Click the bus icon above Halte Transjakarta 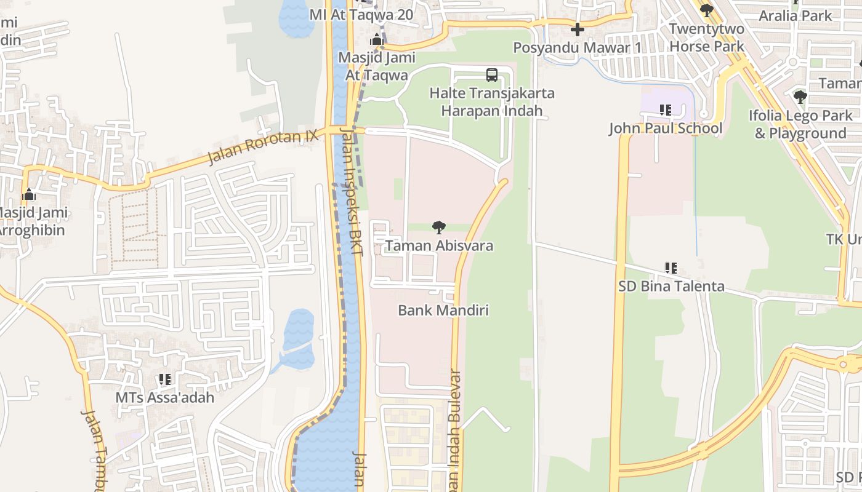[492, 75]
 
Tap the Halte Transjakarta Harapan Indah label [492, 102]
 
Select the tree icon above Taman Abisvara [439, 228]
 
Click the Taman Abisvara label [439, 246]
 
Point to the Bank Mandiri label [443, 311]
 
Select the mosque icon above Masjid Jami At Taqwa [377, 41]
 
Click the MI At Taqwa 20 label [361, 15]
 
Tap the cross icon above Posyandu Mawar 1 [578, 29]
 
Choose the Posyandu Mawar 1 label [578, 47]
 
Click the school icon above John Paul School [666, 110]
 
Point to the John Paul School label [666, 129]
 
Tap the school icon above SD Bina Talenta [671, 268]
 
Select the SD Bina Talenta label [671, 287]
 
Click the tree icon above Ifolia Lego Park [800, 97]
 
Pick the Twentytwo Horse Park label [707, 38]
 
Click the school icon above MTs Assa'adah [165, 379]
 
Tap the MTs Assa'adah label [165, 398]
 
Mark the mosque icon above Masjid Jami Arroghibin [29, 196]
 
